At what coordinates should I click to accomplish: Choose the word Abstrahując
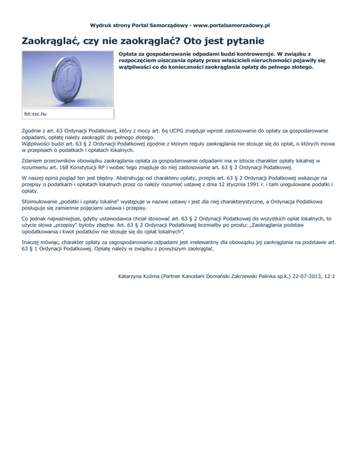click(118, 178)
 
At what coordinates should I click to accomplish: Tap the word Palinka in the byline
click(261, 277)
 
